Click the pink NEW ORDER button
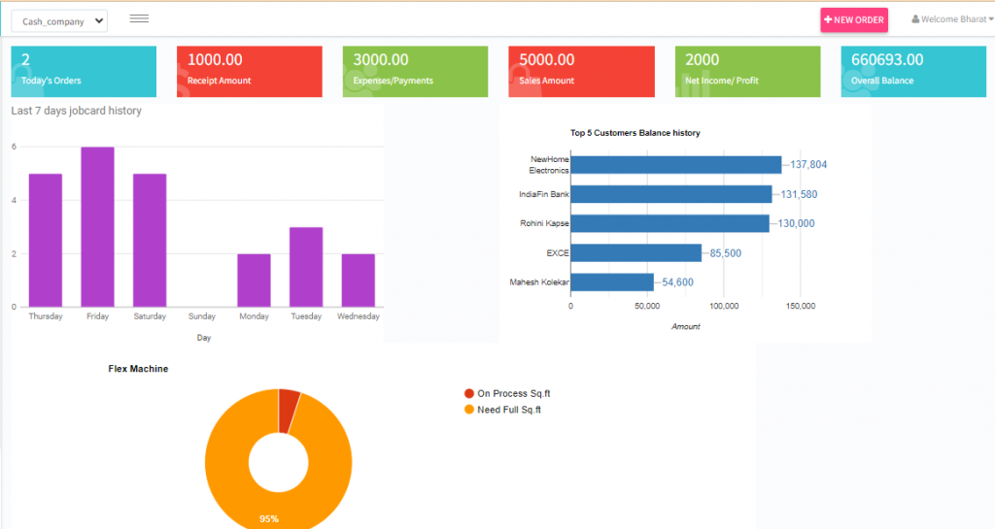point(854,20)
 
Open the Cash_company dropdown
point(59,21)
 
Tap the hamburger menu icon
point(139,18)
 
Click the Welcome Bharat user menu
point(952,19)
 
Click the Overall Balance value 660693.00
point(887,60)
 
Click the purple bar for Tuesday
point(306,267)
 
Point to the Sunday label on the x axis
point(201,316)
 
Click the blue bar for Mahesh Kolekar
point(611,282)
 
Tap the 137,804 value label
point(808,165)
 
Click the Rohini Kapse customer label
point(544,223)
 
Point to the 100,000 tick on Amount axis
point(724,306)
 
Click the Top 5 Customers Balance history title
point(635,133)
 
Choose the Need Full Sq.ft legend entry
point(507,410)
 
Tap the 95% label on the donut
point(269,519)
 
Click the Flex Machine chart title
point(138,369)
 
